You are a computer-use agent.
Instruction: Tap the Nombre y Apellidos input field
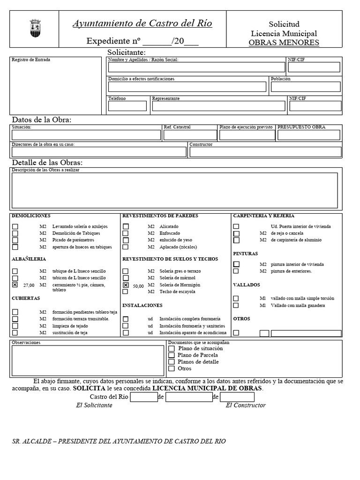tap(197, 67)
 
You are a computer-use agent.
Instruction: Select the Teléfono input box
tap(127, 106)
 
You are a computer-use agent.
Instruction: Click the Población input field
tap(306, 87)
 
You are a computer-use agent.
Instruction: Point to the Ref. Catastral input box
tap(190, 135)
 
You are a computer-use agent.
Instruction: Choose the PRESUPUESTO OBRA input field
tap(308, 135)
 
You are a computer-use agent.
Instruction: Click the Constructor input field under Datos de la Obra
tap(265, 152)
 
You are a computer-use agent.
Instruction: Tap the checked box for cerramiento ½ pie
tap(15, 285)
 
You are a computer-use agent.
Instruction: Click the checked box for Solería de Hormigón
tap(126, 285)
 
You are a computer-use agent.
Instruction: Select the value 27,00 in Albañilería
tap(29, 285)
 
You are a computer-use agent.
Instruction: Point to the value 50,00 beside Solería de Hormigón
tap(138, 285)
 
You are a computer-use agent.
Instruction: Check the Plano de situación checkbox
tap(172, 349)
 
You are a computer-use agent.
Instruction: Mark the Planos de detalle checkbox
tap(172, 362)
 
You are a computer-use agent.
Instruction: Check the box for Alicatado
tap(126, 226)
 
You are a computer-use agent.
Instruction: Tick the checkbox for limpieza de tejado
tap(15, 326)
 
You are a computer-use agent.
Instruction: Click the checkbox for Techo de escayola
tap(126, 292)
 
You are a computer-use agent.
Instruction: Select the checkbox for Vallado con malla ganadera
tap(236, 305)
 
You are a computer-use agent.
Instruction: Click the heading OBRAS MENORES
tap(284, 43)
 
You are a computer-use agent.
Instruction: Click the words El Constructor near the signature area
tap(246, 405)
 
